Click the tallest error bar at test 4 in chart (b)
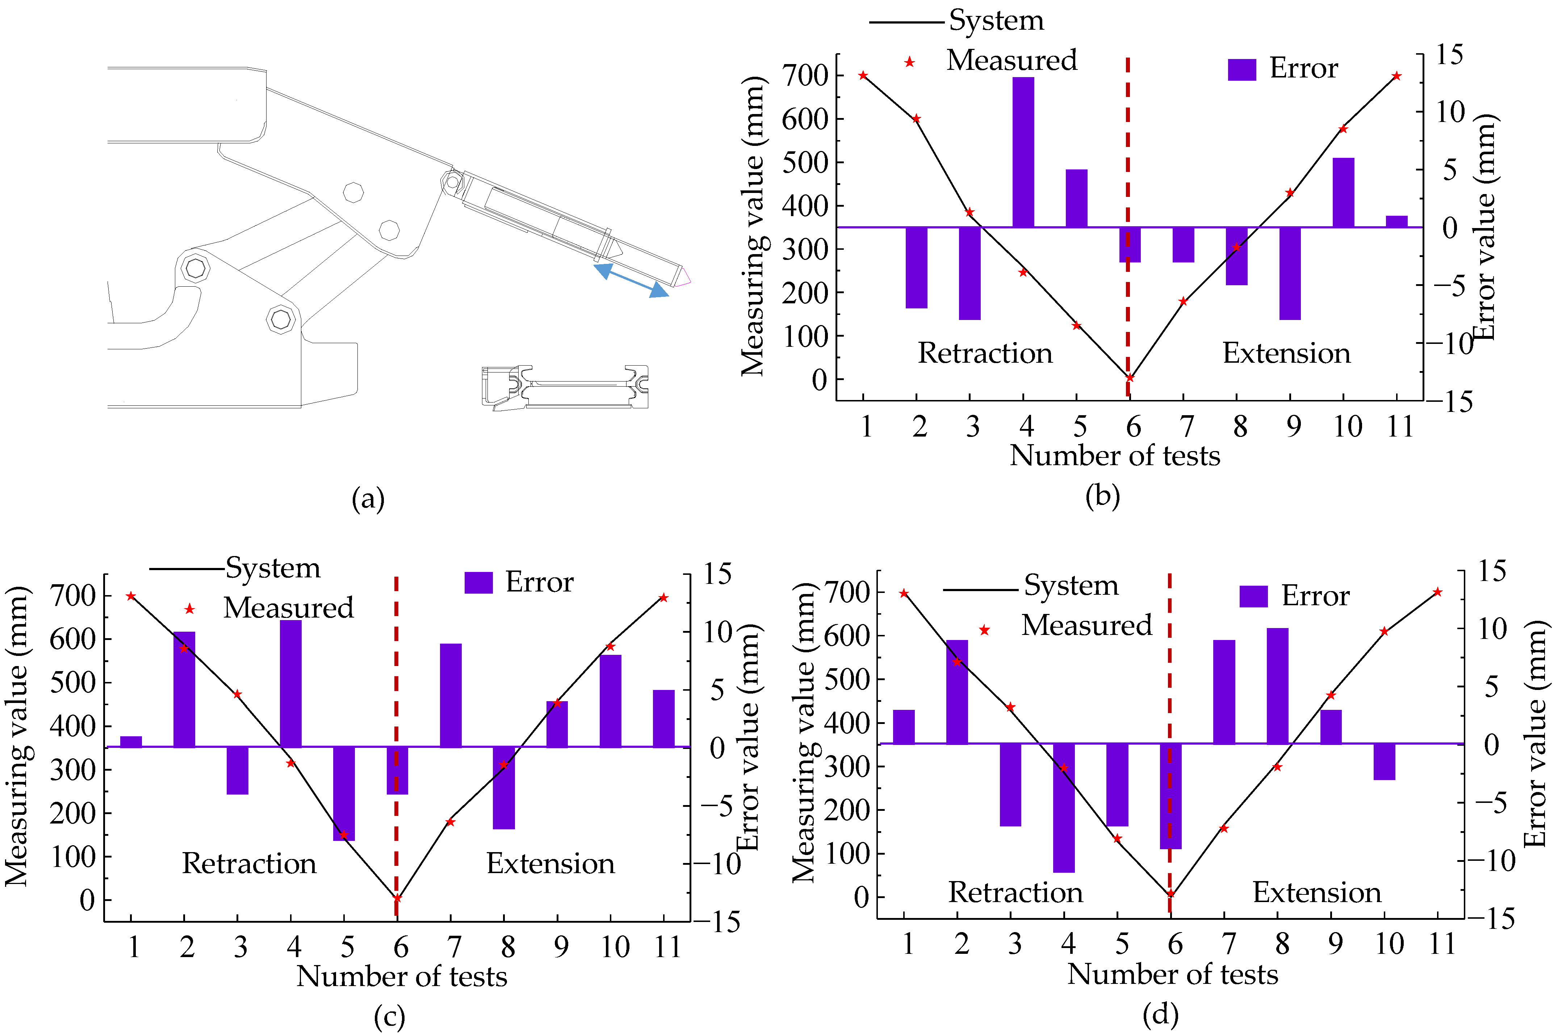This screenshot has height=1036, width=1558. [1023, 152]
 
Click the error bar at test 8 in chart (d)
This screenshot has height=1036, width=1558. [1277, 686]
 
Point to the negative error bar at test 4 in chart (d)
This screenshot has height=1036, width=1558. [1064, 807]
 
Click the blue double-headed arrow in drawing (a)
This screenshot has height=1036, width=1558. [631, 281]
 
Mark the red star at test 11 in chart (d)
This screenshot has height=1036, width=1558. [1437, 592]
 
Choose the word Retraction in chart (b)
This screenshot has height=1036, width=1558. [985, 354]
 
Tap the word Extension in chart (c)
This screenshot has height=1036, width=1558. [550, 864]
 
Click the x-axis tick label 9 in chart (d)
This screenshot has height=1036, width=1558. [1335, 943]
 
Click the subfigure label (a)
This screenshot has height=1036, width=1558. [368, 499]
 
